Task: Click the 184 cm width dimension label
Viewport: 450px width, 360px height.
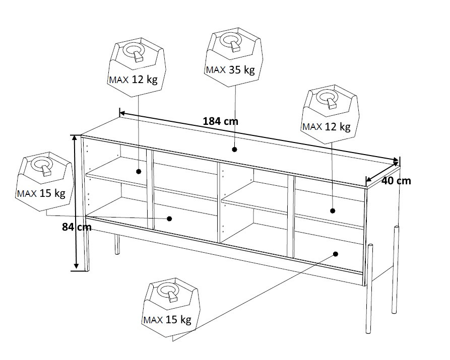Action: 220,121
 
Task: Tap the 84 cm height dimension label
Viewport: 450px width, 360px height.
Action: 77,227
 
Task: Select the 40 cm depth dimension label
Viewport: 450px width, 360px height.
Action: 396,181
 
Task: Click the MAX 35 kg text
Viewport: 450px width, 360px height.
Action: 230,69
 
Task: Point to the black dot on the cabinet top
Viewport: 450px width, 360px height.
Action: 234,150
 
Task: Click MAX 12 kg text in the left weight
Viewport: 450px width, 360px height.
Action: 133,80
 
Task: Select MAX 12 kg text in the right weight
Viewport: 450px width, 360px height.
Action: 327,126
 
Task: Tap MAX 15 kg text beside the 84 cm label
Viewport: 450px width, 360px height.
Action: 41,193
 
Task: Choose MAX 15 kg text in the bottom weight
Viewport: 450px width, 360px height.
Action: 167,320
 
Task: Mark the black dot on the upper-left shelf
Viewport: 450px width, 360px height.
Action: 139,172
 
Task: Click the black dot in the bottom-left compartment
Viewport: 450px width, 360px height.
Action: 169,219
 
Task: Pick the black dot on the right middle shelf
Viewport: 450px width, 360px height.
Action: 332,211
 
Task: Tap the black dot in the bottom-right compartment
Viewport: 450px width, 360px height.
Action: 336,254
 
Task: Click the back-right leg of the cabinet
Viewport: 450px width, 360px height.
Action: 396,270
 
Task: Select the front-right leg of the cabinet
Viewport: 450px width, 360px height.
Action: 369,289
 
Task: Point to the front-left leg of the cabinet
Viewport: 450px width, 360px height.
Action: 87,250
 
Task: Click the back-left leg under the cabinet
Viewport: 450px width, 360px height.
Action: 117,244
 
